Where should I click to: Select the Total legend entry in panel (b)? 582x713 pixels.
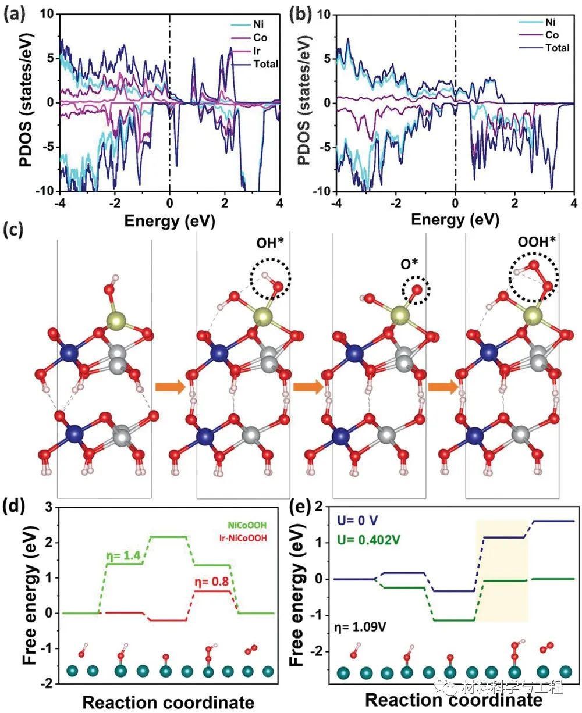click(557, 48)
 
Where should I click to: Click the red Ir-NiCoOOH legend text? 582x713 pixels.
click(240, 538)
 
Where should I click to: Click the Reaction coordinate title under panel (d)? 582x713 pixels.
click(168, 702)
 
